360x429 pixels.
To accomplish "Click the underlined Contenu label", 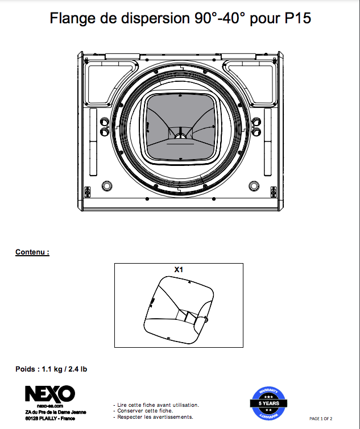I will pos(32,252).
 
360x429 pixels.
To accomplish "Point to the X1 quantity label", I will pos(179,270).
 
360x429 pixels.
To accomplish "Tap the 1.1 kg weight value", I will pos(53,369).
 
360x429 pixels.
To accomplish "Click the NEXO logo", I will pos(49,393).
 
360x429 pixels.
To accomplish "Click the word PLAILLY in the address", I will pos(55,419).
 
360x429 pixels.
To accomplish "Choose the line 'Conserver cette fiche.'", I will pos(144,411).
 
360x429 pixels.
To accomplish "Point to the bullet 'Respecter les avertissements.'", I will pos(155,416).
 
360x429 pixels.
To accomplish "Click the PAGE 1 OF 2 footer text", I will pos(328,419).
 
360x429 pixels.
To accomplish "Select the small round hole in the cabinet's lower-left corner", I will pos(106,186).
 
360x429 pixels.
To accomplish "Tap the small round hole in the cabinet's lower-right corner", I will pos(253,186).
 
